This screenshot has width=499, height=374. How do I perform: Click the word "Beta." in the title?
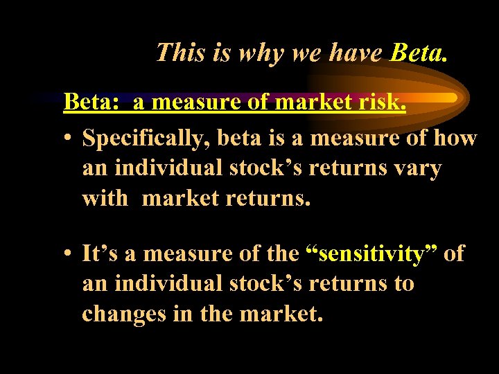419,52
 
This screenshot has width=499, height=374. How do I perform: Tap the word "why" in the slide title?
260,53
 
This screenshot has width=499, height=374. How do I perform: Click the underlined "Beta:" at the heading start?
91,103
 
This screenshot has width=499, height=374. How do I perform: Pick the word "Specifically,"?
146,139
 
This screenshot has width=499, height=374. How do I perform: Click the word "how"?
455,139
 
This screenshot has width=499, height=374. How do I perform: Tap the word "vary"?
416,168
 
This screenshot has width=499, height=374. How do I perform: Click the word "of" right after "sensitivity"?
454,253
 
